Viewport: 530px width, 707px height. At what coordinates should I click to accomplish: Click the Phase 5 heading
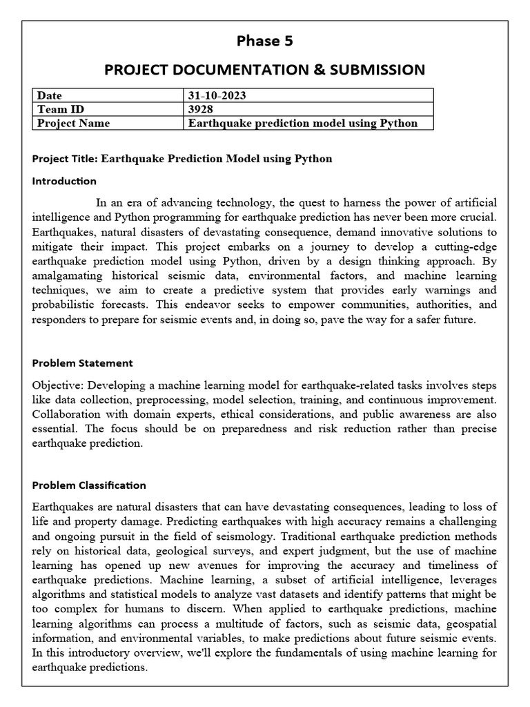pos(264,41)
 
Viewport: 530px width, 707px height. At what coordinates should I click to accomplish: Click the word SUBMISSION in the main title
pos(373,70)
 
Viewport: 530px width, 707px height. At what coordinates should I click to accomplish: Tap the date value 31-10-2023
pos(217,95)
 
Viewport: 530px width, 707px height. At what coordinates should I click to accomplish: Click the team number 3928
pos(201,109)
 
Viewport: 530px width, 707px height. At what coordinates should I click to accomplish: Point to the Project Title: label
pos(65,159)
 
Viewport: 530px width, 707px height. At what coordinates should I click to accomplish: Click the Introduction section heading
pos(64,181)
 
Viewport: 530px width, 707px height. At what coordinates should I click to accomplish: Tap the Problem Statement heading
pos(83,362)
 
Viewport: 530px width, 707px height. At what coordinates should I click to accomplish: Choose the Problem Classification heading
pos(89,485)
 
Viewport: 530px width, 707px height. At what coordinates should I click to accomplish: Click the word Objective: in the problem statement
pos(57,385)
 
